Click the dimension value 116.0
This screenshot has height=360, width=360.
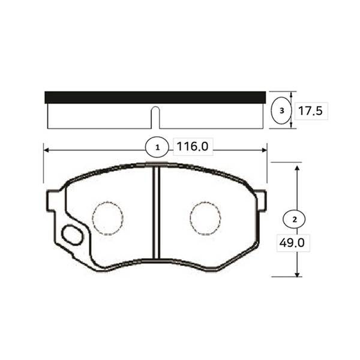point(193,146)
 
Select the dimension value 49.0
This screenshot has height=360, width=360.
point(292,242)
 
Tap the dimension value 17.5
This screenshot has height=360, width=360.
point(310,111)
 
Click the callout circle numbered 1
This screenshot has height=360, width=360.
point(157,148)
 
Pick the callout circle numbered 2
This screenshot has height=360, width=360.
point(294,219)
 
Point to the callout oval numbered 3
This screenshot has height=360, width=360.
point(281,110)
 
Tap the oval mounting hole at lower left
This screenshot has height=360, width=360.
point(72,235)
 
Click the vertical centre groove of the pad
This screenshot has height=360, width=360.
point(157,212)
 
